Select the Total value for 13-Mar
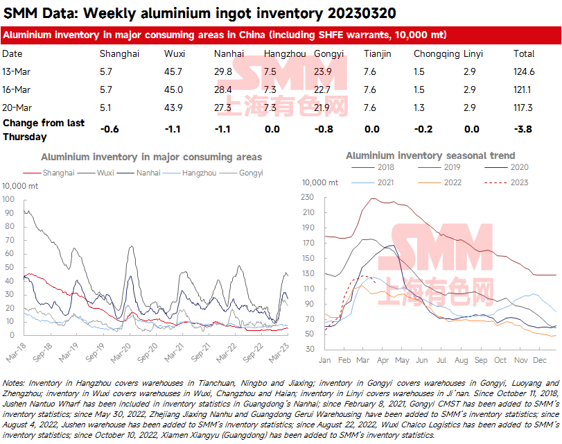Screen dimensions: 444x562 point(524,71)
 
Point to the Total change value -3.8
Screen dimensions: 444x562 point(524,128)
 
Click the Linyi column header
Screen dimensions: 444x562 point(473,53)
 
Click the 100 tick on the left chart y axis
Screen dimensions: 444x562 point(9,198)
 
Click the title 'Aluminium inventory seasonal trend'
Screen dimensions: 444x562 point(430,155)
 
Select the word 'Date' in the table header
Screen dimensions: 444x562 point(12,53)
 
